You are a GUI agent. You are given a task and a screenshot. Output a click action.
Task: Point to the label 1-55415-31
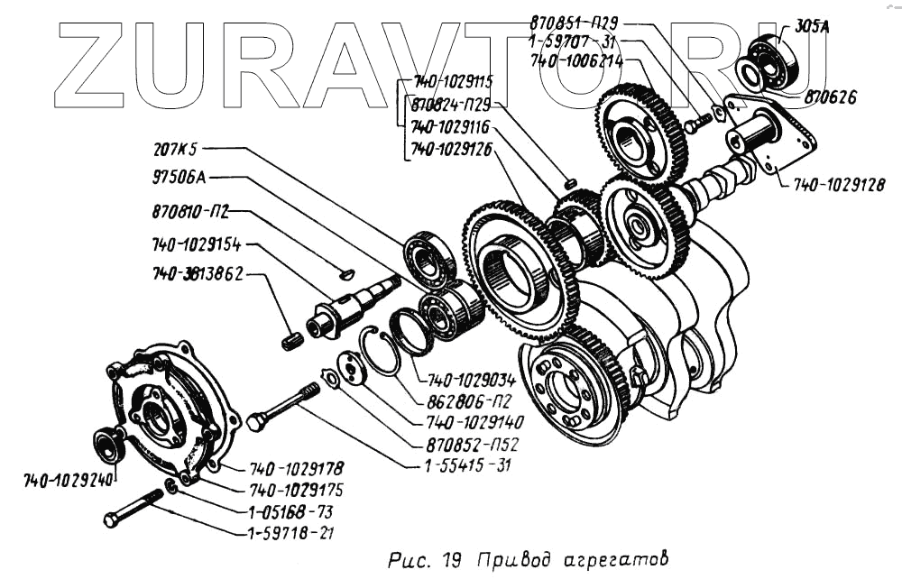(x=464, y=465)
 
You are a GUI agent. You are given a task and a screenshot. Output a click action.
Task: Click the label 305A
(x=813, y=26)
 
